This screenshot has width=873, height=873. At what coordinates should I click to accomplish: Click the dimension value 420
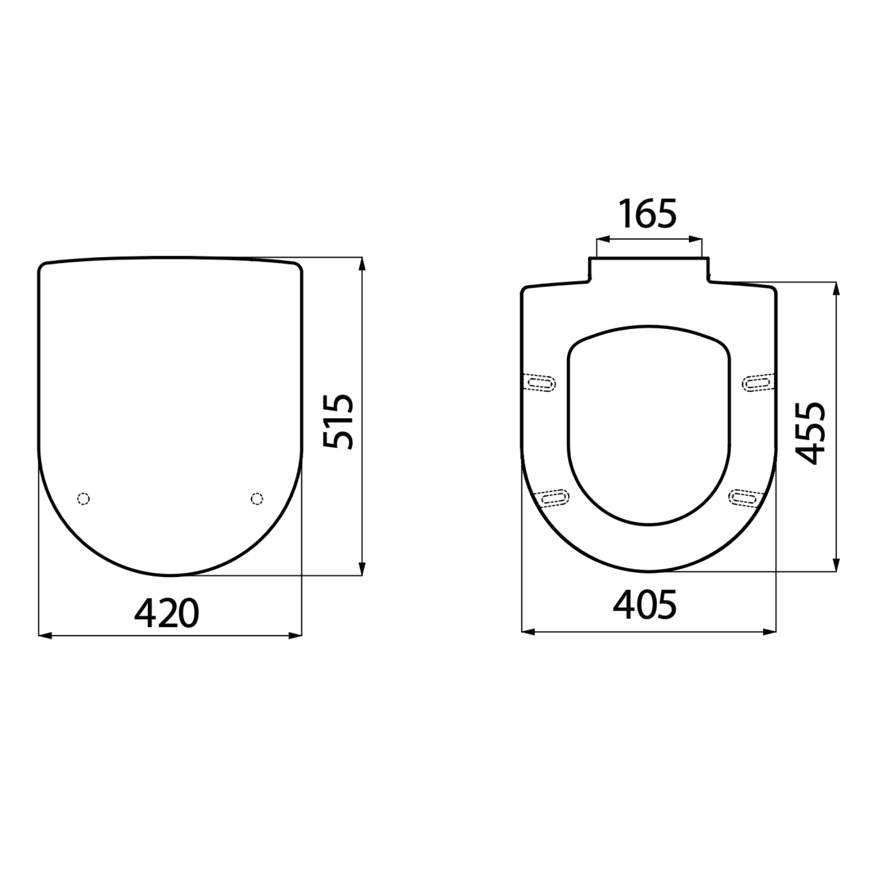coord(167,614)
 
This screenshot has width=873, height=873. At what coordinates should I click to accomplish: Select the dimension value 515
coord(339,422)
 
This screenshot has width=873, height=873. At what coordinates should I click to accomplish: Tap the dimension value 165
coord(648,214)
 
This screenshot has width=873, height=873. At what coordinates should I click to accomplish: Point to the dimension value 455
coord(810,433)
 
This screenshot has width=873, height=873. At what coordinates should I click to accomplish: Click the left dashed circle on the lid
coord(84,499)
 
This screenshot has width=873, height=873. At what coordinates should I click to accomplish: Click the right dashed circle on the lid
coord(257,498)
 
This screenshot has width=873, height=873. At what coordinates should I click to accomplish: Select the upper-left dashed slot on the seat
coord(541,383)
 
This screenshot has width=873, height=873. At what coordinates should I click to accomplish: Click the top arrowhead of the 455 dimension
coord(836,289)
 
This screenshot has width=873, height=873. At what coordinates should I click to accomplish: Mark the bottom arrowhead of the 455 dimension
coord(836,565)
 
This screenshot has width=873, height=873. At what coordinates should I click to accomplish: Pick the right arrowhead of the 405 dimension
coord(770,632)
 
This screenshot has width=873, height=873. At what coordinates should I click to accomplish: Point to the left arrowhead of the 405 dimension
coord(528,632)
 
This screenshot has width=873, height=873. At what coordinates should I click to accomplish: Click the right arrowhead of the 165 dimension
coord(697,240)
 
